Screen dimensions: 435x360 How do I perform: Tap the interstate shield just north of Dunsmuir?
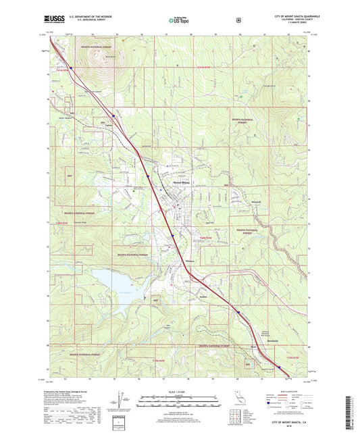[x=238, y=311]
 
